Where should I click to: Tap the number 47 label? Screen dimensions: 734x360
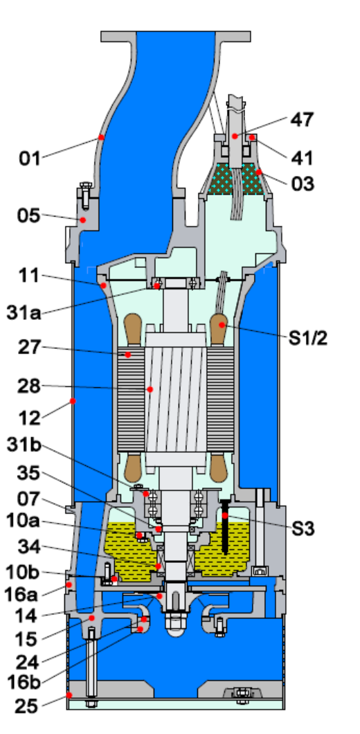pyautogui.click(x=301, y=120)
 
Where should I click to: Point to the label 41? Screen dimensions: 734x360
pyautogui.click(x=301, y=159)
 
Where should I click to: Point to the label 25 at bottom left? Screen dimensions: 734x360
pyautogui.click(x=26, y=707)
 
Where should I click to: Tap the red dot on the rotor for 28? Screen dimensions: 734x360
pyautogui.click(x=149, y=389)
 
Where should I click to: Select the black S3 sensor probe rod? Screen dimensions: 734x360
pyautogui.click(x=225, y=530)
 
